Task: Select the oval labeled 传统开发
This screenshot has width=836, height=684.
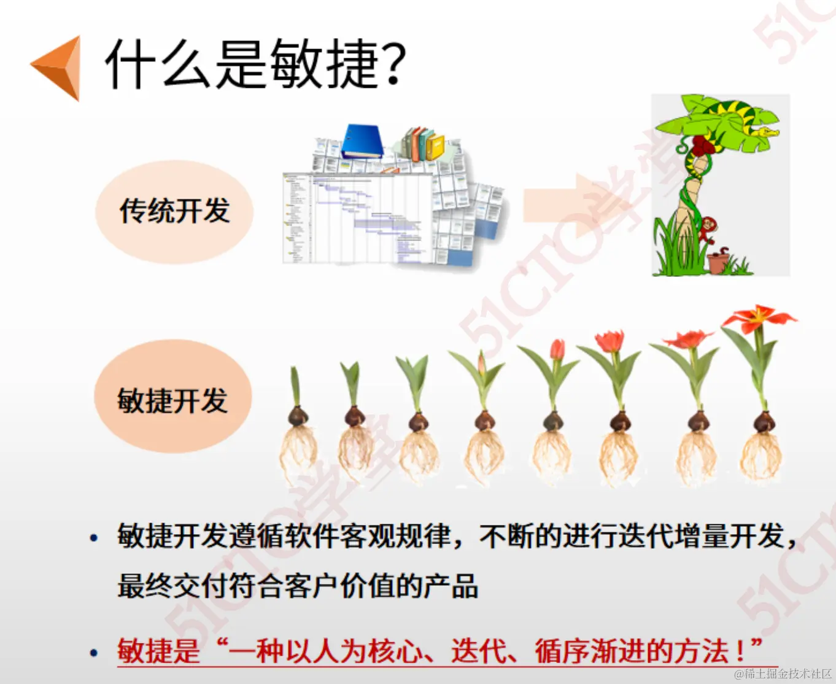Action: coord(174,211)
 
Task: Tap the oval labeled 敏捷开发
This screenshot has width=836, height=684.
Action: coord(173,398)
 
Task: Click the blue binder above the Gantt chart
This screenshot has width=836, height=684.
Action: coord(363,141)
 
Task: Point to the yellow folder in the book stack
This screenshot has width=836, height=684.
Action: coord(436,147)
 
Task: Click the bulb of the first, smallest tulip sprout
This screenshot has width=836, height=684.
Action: coord(298,417)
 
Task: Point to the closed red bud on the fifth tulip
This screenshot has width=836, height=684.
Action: coord(557,349)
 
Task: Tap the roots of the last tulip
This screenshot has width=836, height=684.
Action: coord(761,457)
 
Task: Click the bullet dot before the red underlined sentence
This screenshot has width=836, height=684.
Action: coord(93,652)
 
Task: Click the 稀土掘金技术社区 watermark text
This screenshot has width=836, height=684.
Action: coord(788,674)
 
